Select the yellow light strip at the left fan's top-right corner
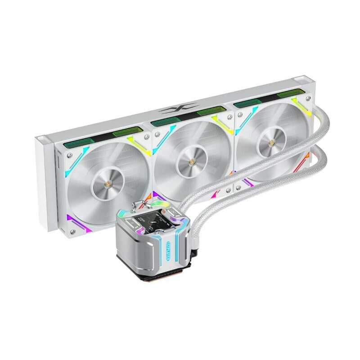point(135,141)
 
